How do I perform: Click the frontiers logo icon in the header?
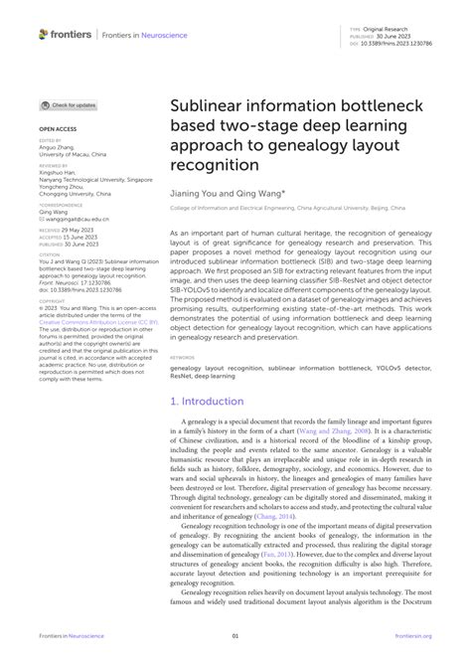43,33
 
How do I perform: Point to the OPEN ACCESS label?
59,129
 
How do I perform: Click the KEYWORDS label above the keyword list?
182,328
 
